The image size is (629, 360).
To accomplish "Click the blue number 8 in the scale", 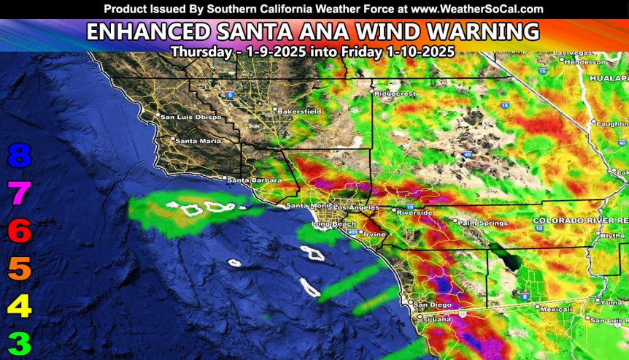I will [20, 155].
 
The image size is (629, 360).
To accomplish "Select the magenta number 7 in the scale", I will [20, 194].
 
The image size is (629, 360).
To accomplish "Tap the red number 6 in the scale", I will [20, 231].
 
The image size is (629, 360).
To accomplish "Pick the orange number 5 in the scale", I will [20, 269].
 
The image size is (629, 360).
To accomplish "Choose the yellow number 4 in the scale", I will [20, 306].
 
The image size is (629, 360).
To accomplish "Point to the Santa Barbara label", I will [250, 180].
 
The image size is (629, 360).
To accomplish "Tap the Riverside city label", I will [415, 212].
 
